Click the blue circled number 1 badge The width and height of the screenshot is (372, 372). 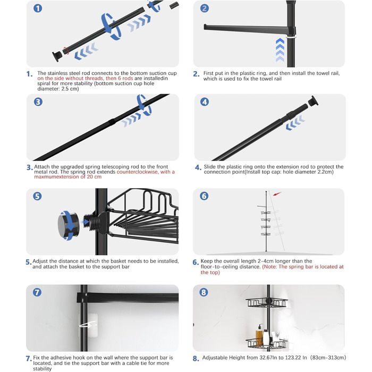(x=38, y=9)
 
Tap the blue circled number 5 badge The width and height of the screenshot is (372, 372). (x=37, y=196)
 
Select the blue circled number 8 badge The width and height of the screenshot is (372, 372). (x=204, y=292)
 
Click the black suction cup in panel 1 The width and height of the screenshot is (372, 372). (x=57, y=56)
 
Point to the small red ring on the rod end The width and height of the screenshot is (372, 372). (x=66, y=50)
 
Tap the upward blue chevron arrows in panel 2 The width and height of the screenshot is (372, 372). (x=280, y=50)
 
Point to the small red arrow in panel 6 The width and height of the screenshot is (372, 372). (x=277, y=194)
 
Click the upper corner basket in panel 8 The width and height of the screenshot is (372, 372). (x=267, y=303)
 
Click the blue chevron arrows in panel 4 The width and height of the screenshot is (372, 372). (x=295, y=123)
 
